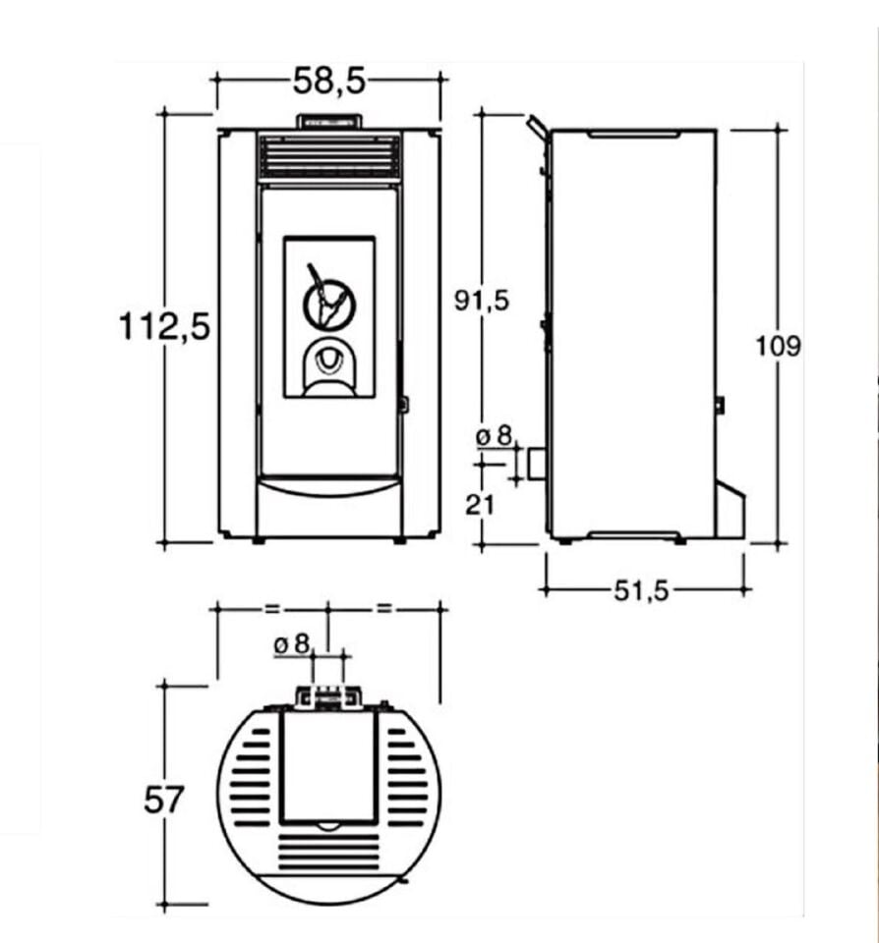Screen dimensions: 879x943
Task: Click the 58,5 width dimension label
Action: point(328,81)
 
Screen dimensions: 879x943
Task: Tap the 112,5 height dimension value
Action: point(164,326)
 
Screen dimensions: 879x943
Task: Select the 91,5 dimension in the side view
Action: point(481,301)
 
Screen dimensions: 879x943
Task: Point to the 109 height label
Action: point(778,347)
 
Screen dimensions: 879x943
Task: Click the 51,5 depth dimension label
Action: point(641,591)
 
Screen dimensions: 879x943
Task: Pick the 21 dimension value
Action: point(479,505)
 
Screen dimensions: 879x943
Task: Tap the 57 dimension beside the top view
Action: point(162,800)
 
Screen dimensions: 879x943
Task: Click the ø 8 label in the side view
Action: point(494,435)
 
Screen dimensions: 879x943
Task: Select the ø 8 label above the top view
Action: point(291,644)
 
